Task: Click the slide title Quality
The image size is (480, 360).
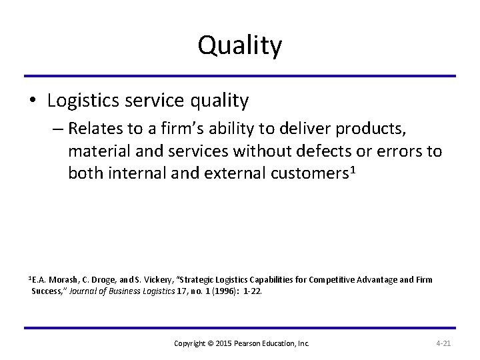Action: tap(239, 47)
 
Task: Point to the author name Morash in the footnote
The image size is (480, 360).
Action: tap(66, 280)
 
